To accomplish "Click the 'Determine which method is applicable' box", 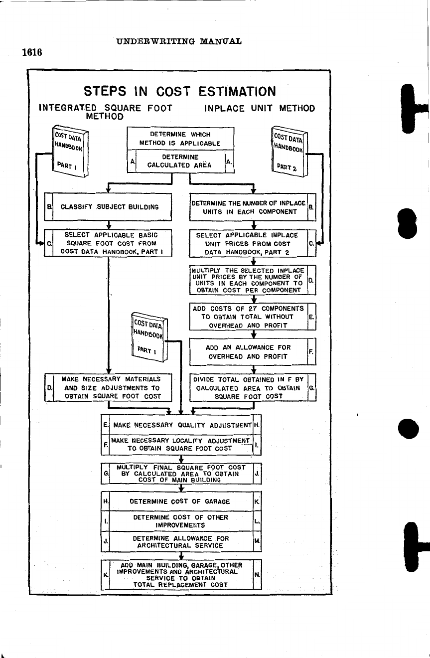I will click(180, 139).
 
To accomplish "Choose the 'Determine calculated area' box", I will click(180, 161).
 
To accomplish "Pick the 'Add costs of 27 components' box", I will click(248, 317).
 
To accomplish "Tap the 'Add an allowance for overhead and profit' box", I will click(248, 351).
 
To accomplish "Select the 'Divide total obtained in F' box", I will click(248, 387).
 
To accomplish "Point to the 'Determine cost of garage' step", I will click(180, 501).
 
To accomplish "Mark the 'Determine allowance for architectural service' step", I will click(180, 542).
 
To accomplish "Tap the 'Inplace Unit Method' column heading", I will click(259, 108).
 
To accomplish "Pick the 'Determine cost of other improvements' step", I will click(180, 521).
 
